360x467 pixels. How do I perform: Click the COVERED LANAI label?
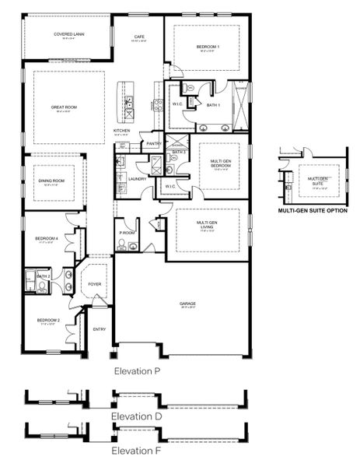pyautogui.click(x=68, y=34)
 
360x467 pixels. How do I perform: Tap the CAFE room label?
pyautogui.click(x=139, y=37)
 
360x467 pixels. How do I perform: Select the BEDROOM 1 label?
pyautogui.click(x=208, y=48)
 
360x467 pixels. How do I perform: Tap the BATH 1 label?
pyautogui.click(x=214, y=105)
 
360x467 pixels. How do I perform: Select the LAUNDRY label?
pyautogui.click(x=138, y=179)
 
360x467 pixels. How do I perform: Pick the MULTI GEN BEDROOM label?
pyautogui.click(x=220, y=164)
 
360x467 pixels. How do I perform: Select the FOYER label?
pyautogui.click(x=95, y=284)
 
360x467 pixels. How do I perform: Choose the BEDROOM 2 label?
pyautogui.click(x=48, y=321)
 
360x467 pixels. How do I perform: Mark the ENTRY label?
pyautogui.click(x=99, y=329)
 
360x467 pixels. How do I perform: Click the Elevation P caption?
pyautogui.click(x=137, y=371)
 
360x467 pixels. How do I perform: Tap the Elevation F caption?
pyautogui.click(x=137, y=450)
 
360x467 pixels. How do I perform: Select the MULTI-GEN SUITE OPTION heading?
pyautogui.click(x=313, y=210)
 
